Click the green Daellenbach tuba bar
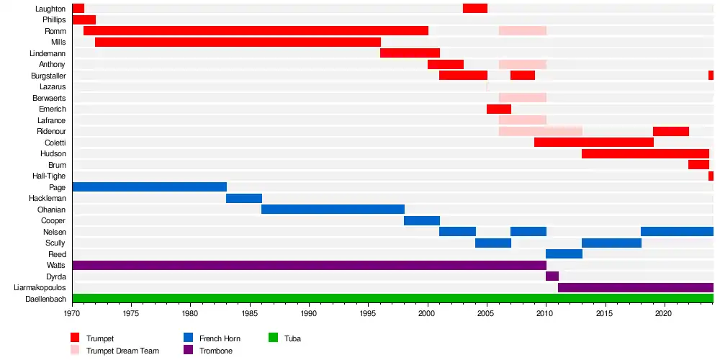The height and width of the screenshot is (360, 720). pyautogui.click(x=392, y=298)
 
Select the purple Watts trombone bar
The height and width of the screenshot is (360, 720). pyautogui.click(x=309, y=265)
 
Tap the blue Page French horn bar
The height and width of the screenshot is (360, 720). pyautogui.click(x=149, y=187)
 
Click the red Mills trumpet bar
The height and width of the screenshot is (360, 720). pyautogui.click(x=238, y=42)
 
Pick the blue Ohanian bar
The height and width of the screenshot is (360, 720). pyautogui.click(x=333, y=210)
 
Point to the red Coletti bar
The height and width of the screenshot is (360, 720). pyautogui.click(x=593, y=143)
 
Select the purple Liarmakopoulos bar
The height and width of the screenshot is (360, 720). pyautogui.click(x=635, y=287)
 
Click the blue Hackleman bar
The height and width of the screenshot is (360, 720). pyautogui.click(x=243, y=198)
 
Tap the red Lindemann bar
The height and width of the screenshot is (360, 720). pyautogui.click(x=410, y=53)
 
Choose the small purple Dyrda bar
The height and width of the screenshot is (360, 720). pyautogui.click(x=552, y=276)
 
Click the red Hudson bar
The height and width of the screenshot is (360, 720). pyautogui.click(x=645, y=153)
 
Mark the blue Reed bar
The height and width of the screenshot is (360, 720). pyautogui.click(x=564, y=253)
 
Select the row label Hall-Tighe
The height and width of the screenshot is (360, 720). pyautogui.click(x=49, y=176)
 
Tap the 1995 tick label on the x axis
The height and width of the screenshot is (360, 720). pyautogui.click(x=368, y=314)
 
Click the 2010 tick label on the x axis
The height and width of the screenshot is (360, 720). pyautogui.click(x=546, y=314)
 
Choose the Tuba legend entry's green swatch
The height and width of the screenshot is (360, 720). pyautogui.click(x=273, y=338)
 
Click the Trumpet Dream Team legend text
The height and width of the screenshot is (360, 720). pyautogui.click(x=122, y=351)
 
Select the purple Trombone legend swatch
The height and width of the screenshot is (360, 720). pyautogui.click(x=188, y=351)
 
